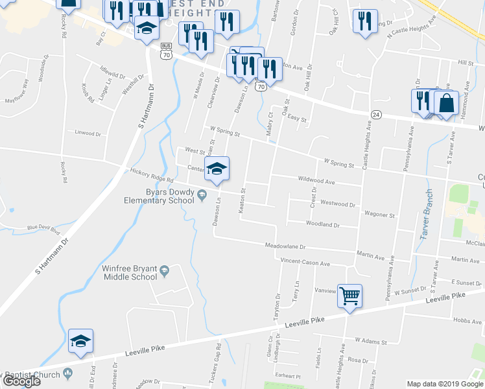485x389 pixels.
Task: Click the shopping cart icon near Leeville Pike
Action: click(349, 296)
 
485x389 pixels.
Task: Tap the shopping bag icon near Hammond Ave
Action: click(447, 102)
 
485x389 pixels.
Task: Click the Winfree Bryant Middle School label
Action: click(130, 272)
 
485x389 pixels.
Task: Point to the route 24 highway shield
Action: click(376, 114)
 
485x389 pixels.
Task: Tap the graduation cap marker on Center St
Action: click(217, 169)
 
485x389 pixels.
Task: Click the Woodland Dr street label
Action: click(323, 224)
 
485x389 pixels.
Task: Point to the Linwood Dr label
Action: click(88, 133)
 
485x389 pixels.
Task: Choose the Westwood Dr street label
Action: click(338, 204)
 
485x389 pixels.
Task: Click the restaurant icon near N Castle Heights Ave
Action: click(366, 21)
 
